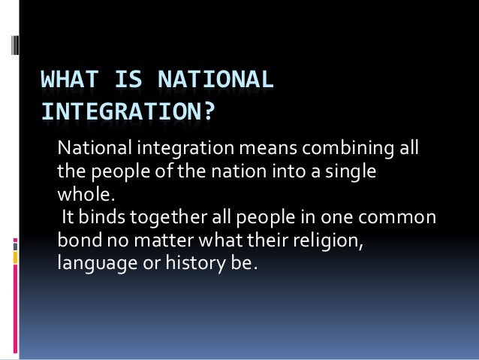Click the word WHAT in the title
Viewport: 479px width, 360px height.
click(x=65, y=80)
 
